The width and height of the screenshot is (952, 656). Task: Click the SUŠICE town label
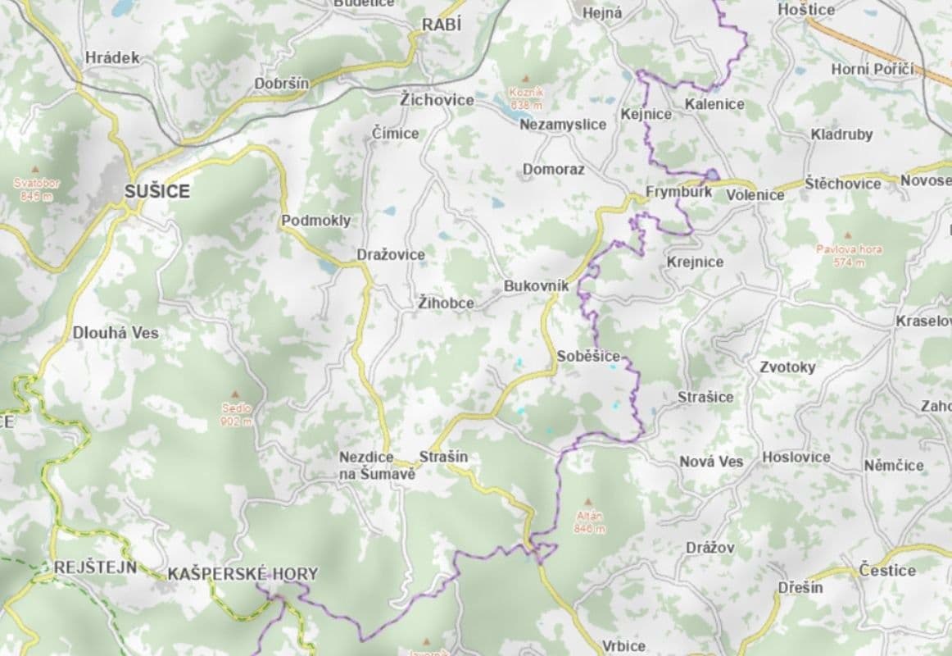[156, 192]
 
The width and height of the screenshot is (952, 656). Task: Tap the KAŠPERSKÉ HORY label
[242, 574]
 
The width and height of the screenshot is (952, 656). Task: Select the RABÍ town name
[442, 25]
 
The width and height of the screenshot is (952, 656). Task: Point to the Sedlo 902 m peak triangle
[236, 394]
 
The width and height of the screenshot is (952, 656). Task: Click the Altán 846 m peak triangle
[588, 502]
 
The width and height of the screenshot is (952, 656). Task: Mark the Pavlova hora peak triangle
[848, 235]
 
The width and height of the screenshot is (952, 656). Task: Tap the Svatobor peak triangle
[35, 169]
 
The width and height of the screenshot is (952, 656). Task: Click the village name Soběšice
[588, 357]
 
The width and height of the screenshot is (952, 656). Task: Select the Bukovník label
[536, 286]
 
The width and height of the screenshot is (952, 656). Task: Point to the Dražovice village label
[391, 255]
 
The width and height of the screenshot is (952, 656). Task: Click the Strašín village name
[443, 457]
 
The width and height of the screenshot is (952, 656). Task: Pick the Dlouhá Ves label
[116, 333]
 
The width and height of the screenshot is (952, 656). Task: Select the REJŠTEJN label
[95, 567]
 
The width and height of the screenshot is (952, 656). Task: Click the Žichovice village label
[437, 100]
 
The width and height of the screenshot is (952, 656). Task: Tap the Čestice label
[887, 570]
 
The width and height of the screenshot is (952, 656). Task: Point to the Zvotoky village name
[787, 367]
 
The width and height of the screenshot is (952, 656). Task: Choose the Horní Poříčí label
[872, 70]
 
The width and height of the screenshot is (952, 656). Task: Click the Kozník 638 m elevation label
[526, 99]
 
